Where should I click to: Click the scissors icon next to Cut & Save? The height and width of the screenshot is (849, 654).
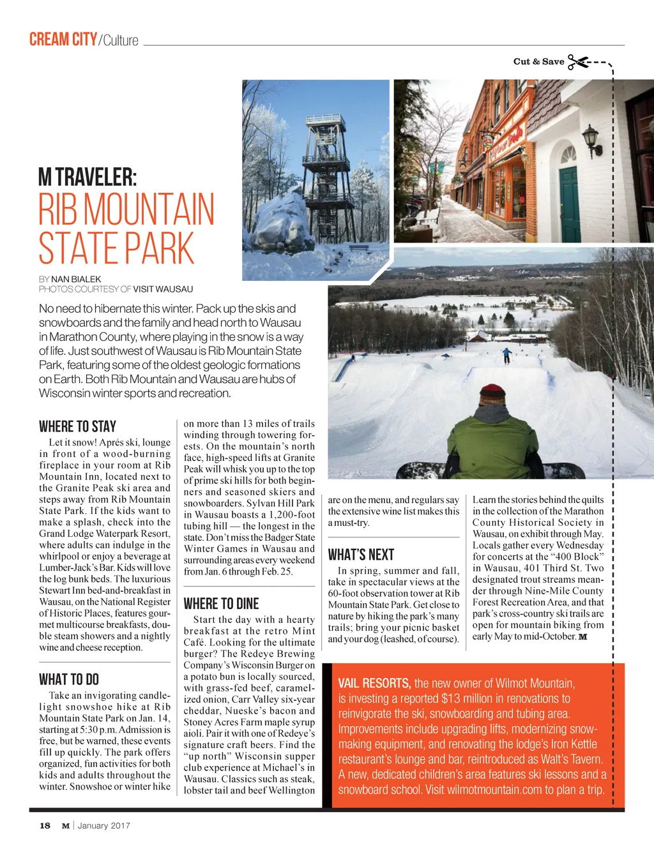coord(578,62)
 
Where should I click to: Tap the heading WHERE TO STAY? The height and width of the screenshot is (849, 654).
coord(77,426)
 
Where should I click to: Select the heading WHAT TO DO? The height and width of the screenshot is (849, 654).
coord(69,679)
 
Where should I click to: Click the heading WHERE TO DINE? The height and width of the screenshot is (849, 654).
coord(221,604)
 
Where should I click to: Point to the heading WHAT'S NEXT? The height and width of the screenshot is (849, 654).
coord(361,555)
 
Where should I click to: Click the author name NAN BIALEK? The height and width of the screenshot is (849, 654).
coord(76,279)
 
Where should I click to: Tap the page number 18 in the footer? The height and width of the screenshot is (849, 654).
coord(45,825)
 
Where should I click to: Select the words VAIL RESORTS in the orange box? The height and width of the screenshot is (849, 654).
coord(374,684)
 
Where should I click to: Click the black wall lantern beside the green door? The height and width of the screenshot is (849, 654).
coord(591,140)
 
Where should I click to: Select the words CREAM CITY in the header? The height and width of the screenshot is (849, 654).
coord(63,40)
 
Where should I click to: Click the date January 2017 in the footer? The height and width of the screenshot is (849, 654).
coord(103,825)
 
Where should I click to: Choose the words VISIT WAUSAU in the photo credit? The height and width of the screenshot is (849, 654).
coord(163,289)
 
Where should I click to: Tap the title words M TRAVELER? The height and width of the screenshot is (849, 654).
coord(87,177)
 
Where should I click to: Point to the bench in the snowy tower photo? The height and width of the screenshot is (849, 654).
coord(360,248)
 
